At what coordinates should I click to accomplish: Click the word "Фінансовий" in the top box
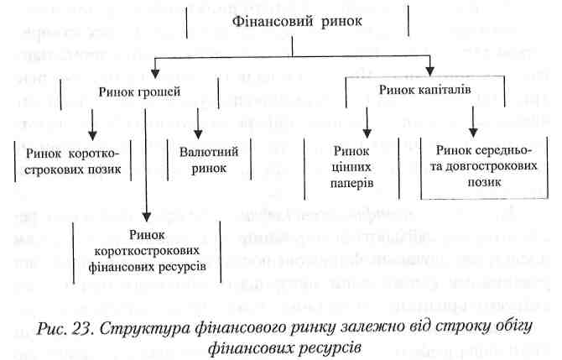tap(273, 22)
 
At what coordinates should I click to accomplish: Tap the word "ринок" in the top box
tap(341, 22)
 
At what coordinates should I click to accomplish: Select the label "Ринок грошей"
tap(139, 92)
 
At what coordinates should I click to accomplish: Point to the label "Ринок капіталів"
tap(424, 90)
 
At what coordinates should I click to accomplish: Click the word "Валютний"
tap(209, 152)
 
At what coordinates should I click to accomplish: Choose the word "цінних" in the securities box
tap(351, 167)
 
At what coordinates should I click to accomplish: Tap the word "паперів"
tap(351, 183)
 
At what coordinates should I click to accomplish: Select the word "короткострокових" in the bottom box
tap(147, 251)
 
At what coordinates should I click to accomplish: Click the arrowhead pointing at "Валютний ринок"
tap(198, 134)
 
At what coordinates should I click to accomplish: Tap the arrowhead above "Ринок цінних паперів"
tap(367, 133)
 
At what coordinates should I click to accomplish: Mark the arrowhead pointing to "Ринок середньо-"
tap(473, 133)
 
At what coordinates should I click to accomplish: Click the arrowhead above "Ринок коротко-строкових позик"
tap(92, 136)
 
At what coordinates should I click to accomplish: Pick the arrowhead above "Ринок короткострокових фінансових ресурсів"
tap(146, 217)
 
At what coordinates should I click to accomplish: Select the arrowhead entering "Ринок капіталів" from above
tap(430, 71)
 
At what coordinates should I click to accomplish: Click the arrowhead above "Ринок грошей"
tap(155, 74)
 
